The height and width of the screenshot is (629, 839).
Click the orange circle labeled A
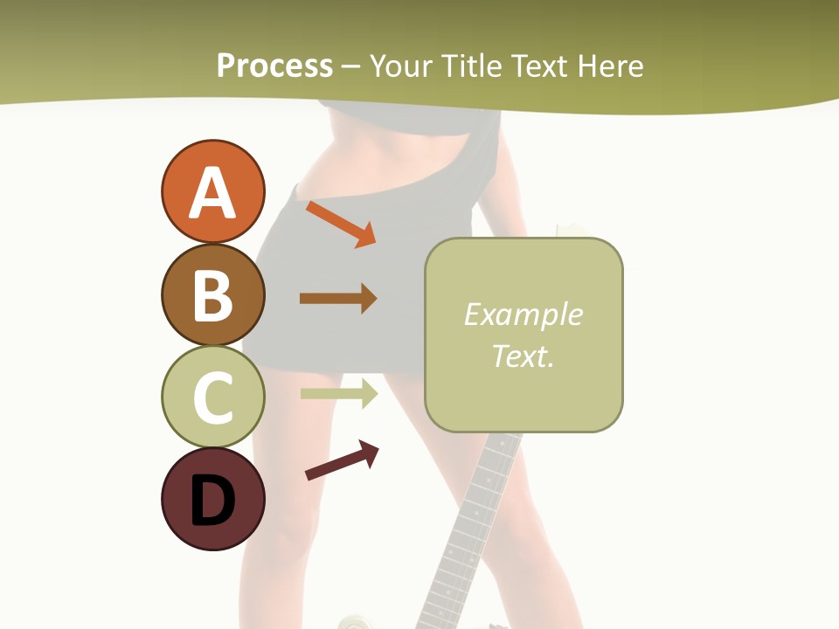coord(212,191)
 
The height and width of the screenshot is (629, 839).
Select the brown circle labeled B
coord(212,294)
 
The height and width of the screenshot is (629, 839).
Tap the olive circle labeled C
coord(212,397)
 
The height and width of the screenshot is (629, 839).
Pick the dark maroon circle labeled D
coord(212,499)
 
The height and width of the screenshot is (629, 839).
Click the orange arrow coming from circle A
coord(341,224)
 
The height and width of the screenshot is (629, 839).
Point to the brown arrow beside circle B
coord(338,299)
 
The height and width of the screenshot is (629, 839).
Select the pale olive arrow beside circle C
coord(339,393)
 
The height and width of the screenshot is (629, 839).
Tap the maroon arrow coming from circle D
coord(342,460)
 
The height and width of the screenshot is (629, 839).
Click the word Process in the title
coord(274,66)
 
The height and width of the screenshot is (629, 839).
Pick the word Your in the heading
coord(402,66)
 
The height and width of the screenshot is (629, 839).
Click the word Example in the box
coord(523,314)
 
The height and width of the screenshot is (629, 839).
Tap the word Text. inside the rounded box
coord(523,356)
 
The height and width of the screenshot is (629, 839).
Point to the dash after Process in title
coord(350,66)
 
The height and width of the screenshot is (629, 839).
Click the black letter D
coord(212,501)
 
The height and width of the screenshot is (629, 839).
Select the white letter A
coord(212,193)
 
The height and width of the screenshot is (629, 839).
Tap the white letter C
coord(212,398)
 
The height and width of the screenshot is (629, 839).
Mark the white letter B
coord(212,296)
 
